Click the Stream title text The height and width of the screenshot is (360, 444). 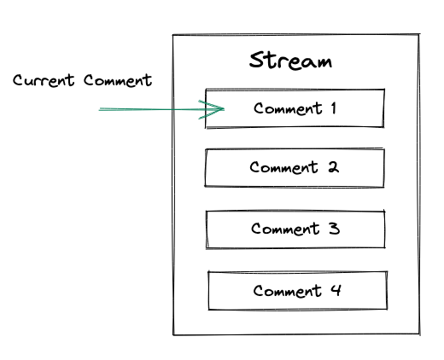(290, 61)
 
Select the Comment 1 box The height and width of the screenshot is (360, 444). (295, 108)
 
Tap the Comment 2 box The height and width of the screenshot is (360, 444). (295, 168)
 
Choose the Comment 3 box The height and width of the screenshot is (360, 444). (295, 229)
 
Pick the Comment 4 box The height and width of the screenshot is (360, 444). (297, 291)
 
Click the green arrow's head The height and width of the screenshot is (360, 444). (218, 108)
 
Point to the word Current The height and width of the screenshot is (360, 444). (45, 81)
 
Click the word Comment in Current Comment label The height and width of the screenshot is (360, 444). (118, 81)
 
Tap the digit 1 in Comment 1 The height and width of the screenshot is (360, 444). (332, 108)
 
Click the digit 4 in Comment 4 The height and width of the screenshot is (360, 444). (336, 291)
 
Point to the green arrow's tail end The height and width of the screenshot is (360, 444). (101, 109)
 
